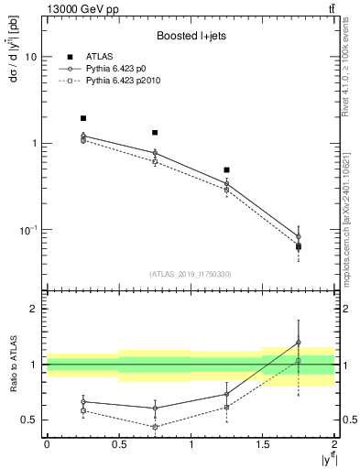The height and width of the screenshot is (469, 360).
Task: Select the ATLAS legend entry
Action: coord(86,56)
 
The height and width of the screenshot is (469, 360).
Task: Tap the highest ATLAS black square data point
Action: coord(82,118)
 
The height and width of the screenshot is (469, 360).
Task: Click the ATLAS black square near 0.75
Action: coord(155,133)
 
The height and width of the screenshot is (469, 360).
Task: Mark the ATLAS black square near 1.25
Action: coord(226,170)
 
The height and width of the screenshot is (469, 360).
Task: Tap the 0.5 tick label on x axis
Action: coord(118,443)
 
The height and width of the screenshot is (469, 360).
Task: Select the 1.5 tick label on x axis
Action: coord(262,443)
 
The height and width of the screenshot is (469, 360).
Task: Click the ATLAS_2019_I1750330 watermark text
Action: coord(190,274)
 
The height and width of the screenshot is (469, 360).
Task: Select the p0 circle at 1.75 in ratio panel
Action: coord(299,343)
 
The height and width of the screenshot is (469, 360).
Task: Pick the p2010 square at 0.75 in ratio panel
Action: coord(155,427)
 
